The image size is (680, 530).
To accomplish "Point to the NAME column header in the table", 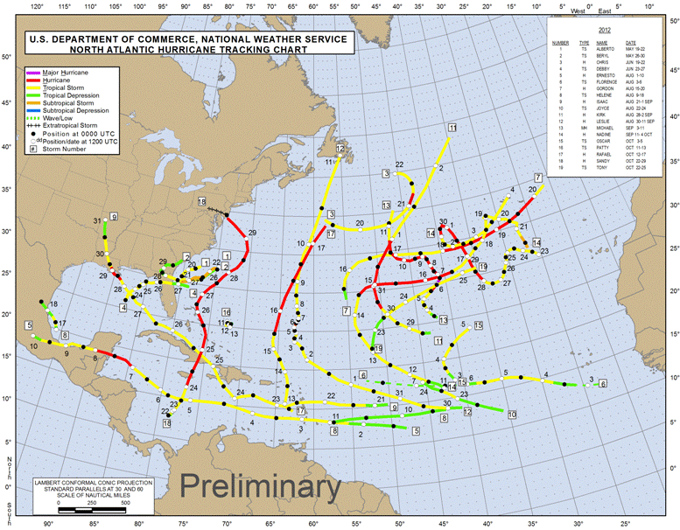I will (602, 42).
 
